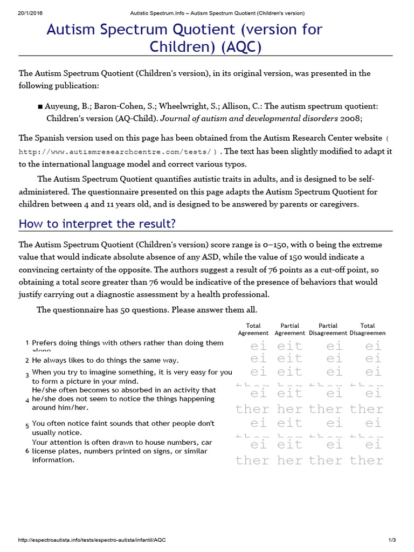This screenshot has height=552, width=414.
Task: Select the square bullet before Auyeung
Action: [x=40, y=106]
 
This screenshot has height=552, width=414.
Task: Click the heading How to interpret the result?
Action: [x=97, y=224]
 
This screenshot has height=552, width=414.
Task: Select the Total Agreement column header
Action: [x=253, y=329]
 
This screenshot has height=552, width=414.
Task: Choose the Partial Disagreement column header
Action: [x=328, y=329]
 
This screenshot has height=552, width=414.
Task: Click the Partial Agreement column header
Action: [x=290, y=329]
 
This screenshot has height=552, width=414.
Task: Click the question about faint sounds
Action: [x=123, y=428]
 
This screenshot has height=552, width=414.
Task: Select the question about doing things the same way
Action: [x=105, y=360]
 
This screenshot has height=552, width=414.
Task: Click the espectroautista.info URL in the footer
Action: [x=92, y=540]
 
